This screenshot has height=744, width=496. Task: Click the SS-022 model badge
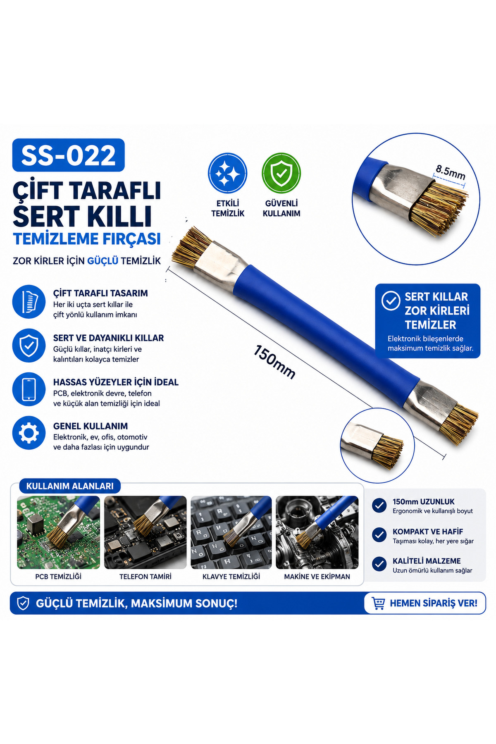pos(68,155)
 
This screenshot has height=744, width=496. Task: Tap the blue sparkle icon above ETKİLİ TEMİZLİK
pos(227,173)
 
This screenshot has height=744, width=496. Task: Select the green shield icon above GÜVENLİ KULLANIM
pos(281,173)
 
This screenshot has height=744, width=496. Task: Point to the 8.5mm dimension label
pos(450,172)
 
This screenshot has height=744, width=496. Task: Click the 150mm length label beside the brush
pos(274,362)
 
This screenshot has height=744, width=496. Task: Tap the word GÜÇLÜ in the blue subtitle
pos(103,261)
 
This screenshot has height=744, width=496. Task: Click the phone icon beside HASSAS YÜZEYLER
pos(29,389)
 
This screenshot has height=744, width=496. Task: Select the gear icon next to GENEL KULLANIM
pos(29,433)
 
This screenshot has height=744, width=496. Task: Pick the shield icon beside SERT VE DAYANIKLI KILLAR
pos(29,345)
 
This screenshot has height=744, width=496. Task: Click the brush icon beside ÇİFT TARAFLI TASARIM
pos(29,301)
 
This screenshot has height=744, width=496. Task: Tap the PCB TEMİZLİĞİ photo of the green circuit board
pos(58,532)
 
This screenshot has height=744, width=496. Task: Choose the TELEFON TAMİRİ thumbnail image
pos(145,532)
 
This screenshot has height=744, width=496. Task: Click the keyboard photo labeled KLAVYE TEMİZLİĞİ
pos(231,532)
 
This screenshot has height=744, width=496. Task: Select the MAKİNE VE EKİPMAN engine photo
pos(317,532)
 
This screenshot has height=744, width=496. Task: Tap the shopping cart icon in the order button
pos(378,603)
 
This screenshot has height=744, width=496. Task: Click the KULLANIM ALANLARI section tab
pos(69,486)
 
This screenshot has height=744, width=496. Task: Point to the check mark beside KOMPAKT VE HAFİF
pos(379,535)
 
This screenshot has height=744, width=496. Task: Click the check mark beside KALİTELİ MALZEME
pos(379,564)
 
